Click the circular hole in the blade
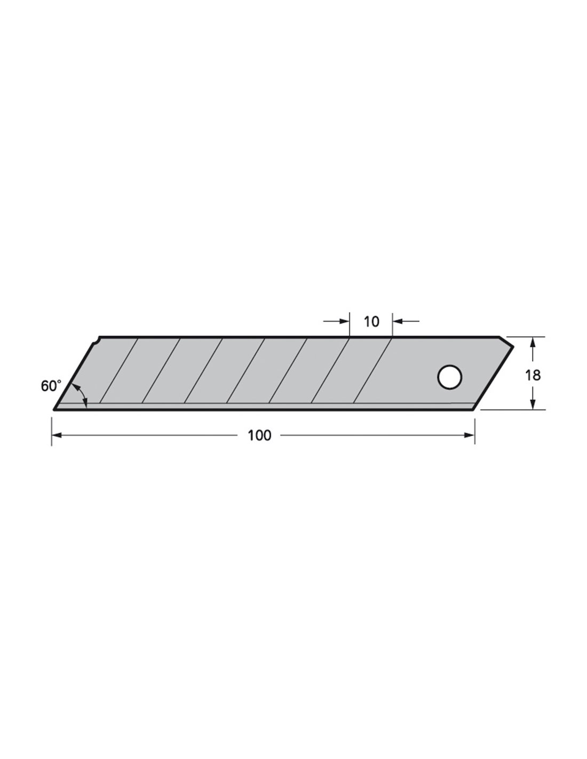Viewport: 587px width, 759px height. (x=449, y=377)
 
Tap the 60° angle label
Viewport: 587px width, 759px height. (x=51, y=386)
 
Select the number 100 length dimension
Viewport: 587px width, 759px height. (x=259, y=436)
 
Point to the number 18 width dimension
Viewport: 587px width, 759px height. (x=533, y=375)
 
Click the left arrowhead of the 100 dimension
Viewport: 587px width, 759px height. (x=57, y=435)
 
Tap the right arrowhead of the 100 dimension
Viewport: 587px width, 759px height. (x=469, y=435)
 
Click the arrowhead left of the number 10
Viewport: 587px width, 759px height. (x=344, y=321)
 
